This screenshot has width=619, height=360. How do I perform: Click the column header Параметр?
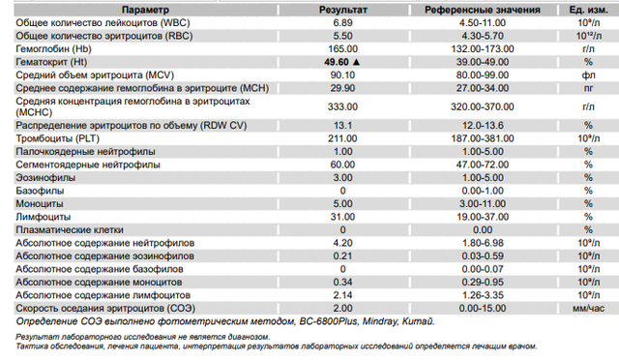pyautogui.click(x=145, y=10)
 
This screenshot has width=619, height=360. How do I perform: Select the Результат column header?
pyautogui.click(x=343, y=10)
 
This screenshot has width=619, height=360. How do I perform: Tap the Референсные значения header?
pyautogui.click(x=483, y=10)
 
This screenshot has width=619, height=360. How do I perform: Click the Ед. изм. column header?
pyautogui.click(x=588, y=10)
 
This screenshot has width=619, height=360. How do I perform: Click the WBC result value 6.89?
pyautogui.click(x=342, y=23)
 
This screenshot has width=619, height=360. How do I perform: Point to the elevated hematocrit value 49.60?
pyautogui.click(x=337, y=62)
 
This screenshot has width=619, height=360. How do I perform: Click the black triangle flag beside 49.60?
pyautogui.click(x=357, y=62)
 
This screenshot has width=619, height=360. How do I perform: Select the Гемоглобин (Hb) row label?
pyautogui.click(x=54, y=49)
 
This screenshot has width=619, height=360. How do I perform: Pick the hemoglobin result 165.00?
pyautogui.click(x=342, y=49)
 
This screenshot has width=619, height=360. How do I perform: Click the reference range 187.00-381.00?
pyautogui.click(x=483, y=138)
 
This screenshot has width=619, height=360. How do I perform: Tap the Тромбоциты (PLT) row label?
pyautogui.click(x=58, y=138)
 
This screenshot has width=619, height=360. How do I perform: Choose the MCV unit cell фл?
pyautogui.click(x=588, y=75)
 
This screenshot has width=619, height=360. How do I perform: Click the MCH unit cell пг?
pyautogui.click(x=588, y=88)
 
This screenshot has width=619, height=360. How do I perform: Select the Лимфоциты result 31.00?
pyautogui.click(x=342, y=217)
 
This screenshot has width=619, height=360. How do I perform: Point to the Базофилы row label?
pyautogui.click(x=40, y=191)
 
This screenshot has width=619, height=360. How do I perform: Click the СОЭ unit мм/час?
pyautogui.click(x=588, y=309)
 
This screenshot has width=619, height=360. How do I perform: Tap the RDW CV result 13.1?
pyautogui.click(x=342, y=126)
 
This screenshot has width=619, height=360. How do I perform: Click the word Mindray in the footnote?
pyautogui.click(x=380, y=321)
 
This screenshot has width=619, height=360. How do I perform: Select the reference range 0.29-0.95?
pyautogui.click(x=483, y=283)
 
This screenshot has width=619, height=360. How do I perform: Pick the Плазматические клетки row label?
pyautogui.click(x=70, y=230)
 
